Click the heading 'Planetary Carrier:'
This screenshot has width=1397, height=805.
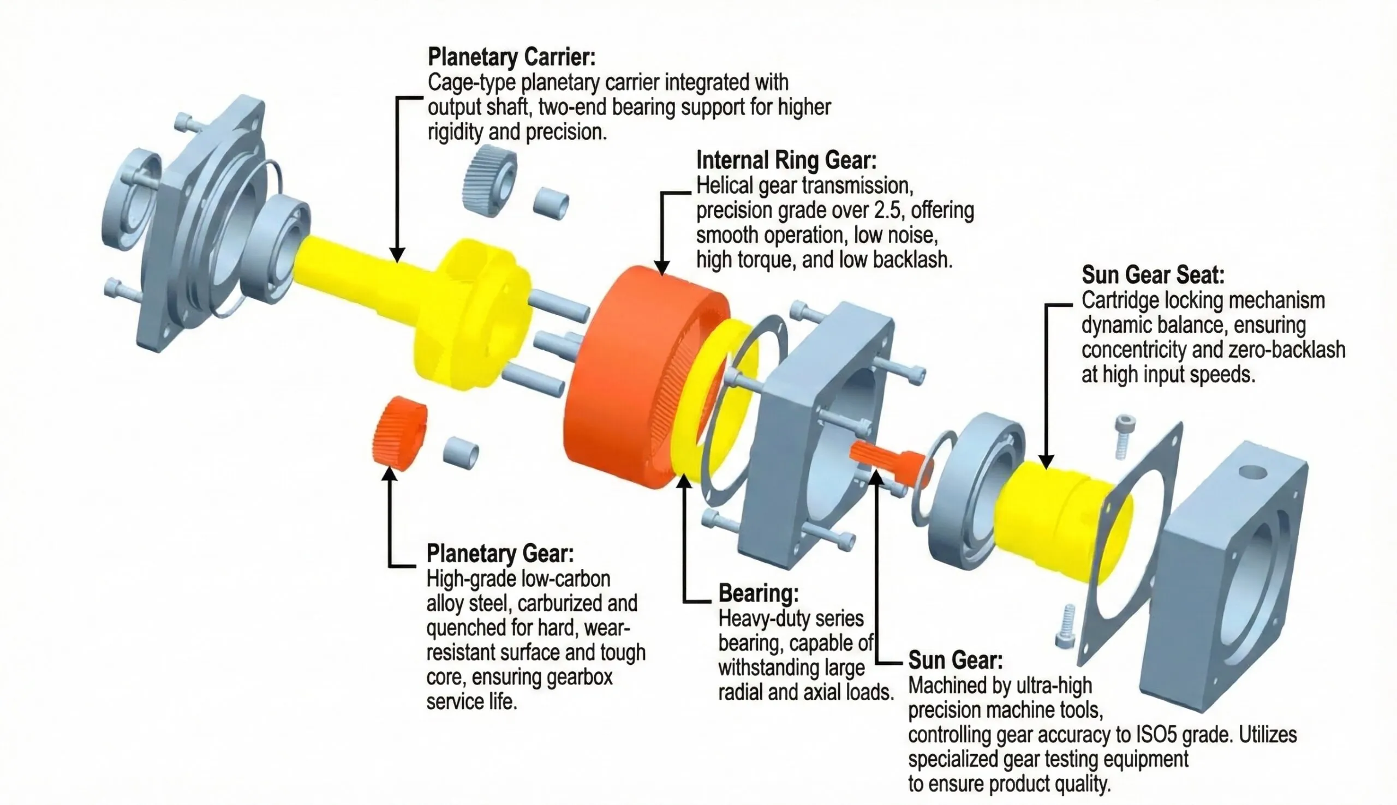511,57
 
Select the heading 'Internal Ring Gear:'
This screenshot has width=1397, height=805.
786,160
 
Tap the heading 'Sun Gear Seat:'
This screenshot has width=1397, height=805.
1153,275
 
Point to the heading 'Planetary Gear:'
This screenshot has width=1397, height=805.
500,554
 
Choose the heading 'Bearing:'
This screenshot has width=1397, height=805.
758,593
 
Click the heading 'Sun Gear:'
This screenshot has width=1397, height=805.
955,659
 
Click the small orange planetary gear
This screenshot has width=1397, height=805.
399,434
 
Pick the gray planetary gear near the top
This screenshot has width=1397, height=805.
489,179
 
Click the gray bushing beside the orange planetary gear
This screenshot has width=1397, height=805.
461,453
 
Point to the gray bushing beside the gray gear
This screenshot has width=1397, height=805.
550,202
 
